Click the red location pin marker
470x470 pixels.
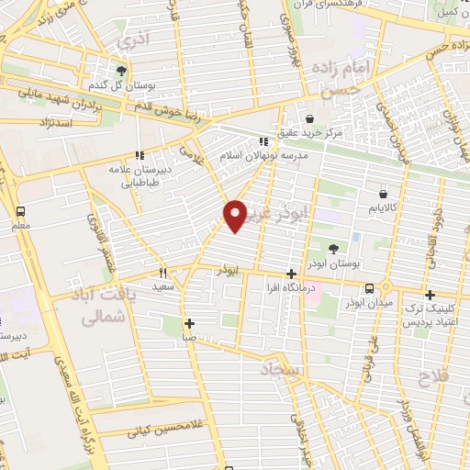coord(236,215)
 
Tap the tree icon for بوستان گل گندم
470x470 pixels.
coord(120,71)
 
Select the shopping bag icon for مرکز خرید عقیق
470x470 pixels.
coord(310,118)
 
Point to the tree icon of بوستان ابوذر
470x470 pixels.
coord(333,249)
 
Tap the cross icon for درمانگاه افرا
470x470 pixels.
coord(291,274)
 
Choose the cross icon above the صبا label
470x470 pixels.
coord(189,322)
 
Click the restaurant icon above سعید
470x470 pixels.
coord(163,273)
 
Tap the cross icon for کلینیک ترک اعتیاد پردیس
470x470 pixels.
coord(429,295)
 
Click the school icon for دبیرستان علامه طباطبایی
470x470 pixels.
coord(140,155)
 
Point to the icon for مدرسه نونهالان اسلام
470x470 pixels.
coord(263,141)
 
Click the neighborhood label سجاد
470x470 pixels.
coord(281,368)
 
